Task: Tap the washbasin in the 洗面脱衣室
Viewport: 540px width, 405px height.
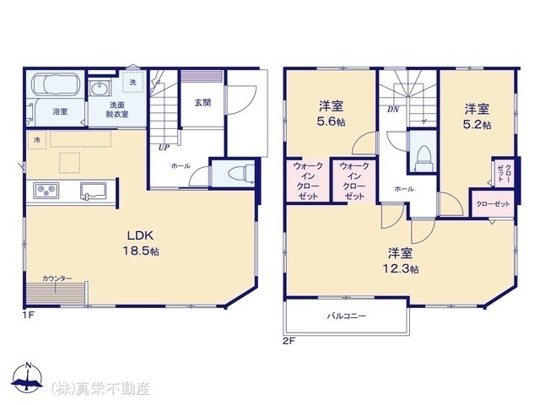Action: (x=100, y=88)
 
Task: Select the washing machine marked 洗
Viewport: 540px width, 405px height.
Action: (x=132, y=83)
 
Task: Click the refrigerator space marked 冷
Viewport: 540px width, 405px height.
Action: (x=37, y=140)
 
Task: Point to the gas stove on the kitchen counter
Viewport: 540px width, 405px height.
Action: (x=46, y=190)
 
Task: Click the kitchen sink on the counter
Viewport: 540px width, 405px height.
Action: (x=93, y=191)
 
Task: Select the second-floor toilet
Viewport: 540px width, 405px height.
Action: (x=422, y=158)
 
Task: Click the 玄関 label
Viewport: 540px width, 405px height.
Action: (x=202, y=103)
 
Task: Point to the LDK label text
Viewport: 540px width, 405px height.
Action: (x=140, y=235)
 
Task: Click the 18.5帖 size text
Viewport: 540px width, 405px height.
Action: (x=141, y=251)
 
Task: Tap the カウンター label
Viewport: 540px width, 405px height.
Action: (x=57, y=278)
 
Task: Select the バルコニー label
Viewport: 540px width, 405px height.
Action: (x=347, y=316)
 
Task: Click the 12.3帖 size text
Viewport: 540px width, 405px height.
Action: (x=401, y=268)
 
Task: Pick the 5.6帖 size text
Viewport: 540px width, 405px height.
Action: (x=332, y=121)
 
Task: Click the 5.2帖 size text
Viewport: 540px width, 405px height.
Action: (x=477, y=124)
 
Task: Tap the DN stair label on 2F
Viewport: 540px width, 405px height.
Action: (x=393, y=110)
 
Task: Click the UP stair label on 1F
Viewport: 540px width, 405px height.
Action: (x=164, y=148)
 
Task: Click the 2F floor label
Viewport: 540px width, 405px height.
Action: (x=289, y=341)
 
